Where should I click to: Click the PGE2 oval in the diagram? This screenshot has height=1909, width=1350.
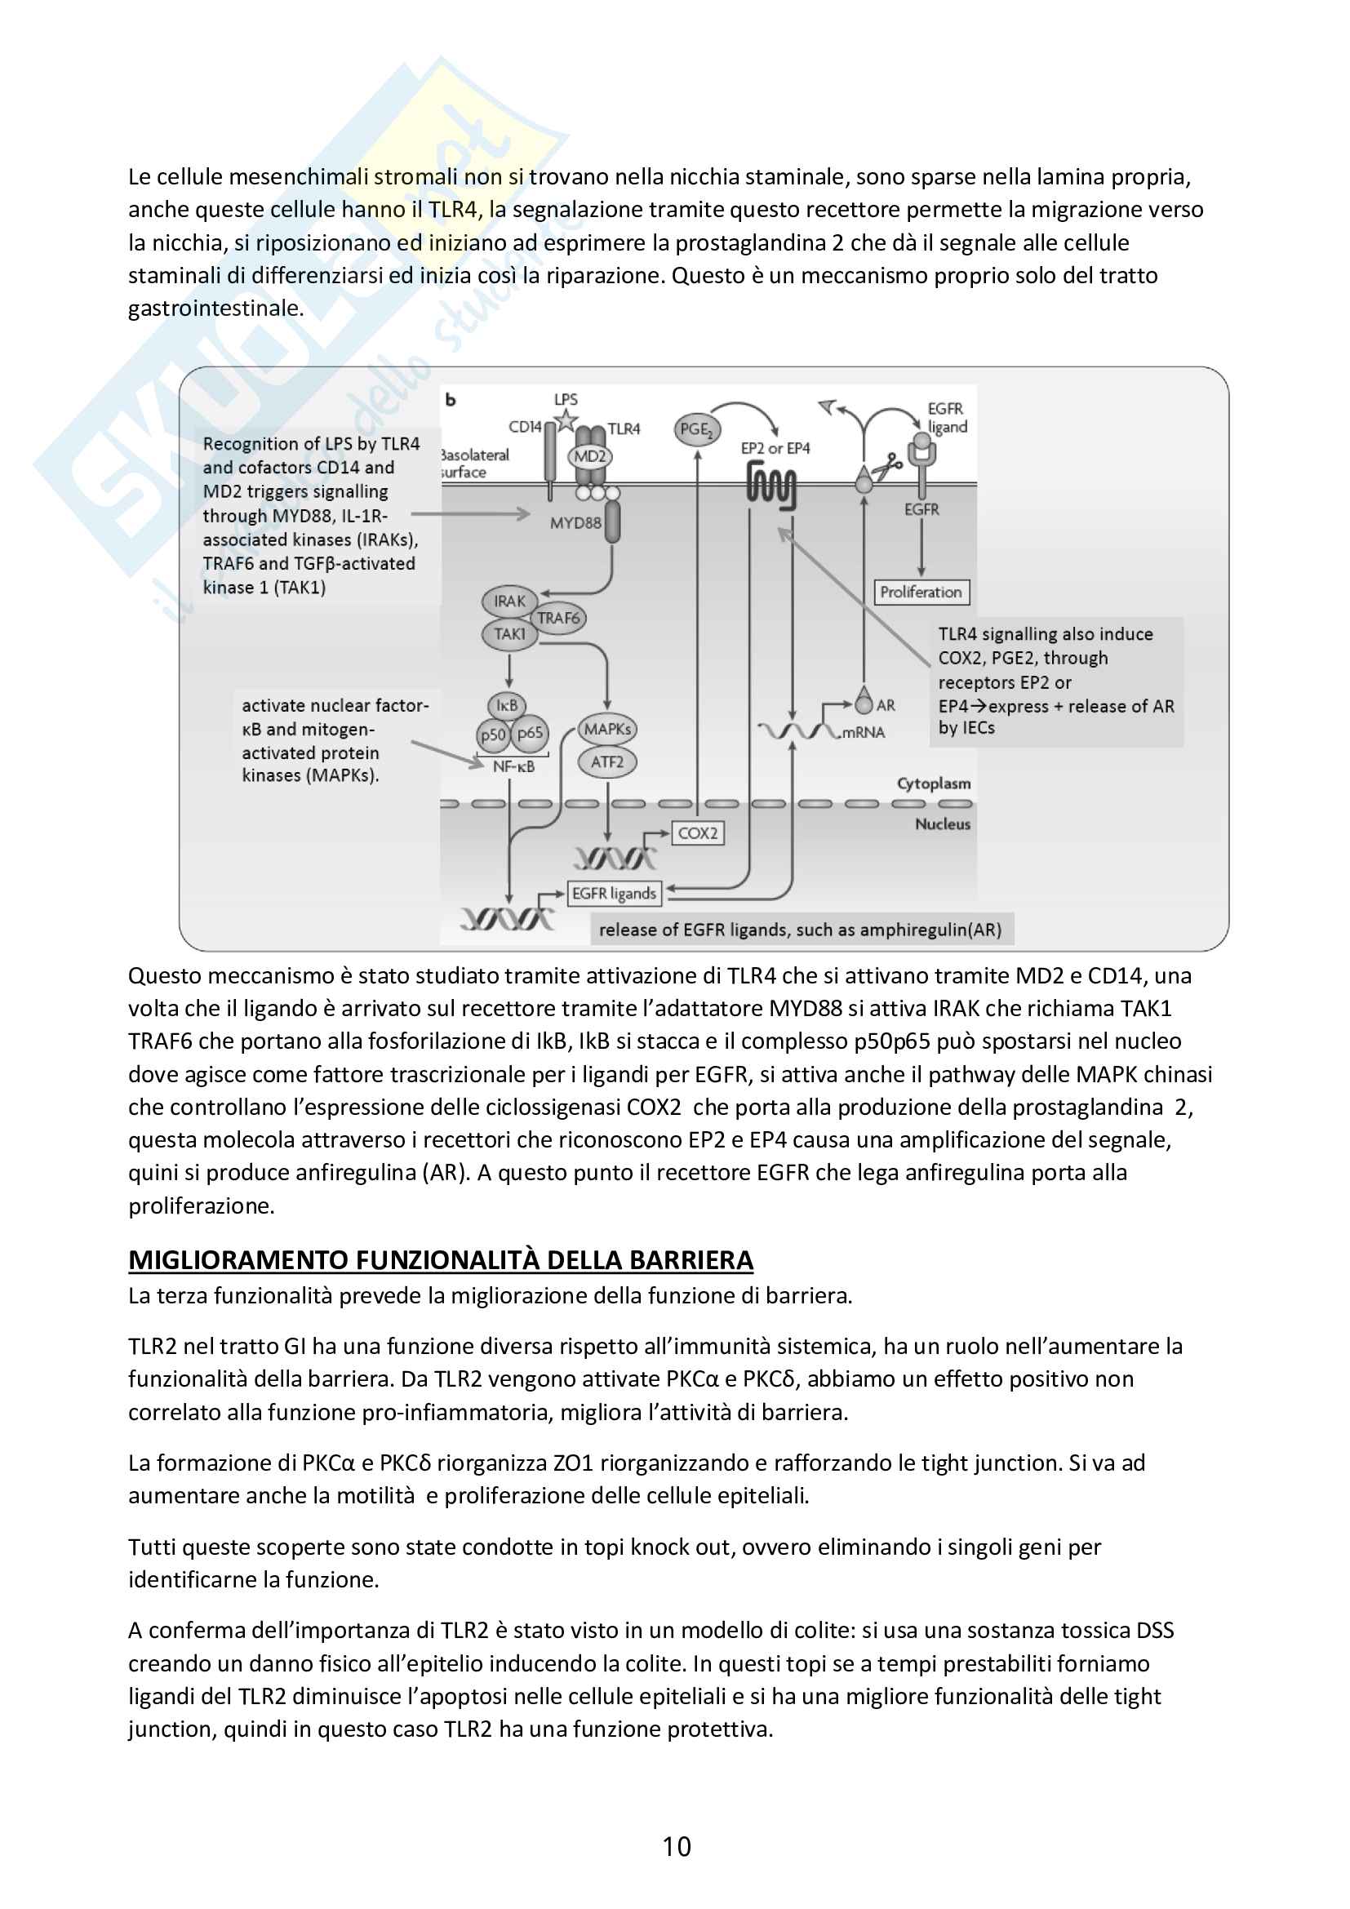click(695, 430)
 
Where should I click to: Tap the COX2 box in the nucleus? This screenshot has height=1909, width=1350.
click(697, 833)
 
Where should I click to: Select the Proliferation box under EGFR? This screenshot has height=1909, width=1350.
click(921, 592)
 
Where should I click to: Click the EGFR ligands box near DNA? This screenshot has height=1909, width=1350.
click(615, 894)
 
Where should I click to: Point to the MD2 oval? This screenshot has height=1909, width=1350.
click(590, 456)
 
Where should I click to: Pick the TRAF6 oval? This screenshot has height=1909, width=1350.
click(558, 618)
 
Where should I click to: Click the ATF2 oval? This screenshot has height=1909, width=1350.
click(606, 762)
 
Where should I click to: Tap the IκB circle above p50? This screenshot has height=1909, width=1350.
click(507, 706)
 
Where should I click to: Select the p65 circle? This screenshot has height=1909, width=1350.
click(530, 734)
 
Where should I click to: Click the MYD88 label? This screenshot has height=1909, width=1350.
click(575, 523)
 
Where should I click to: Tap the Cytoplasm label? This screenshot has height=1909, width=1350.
click(934, 784)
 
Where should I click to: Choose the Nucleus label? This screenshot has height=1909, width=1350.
click(943, 824)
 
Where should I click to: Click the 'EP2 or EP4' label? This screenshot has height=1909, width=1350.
click(775, 448)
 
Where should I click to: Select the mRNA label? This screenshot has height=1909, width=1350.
click(864, 732)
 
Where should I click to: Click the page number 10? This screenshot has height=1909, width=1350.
click(677, 1847)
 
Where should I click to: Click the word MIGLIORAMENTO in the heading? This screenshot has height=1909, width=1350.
click(238, 1260)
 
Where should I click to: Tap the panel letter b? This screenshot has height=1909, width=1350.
click(451, 400)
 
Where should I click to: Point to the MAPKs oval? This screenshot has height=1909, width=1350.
click(606, 729)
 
